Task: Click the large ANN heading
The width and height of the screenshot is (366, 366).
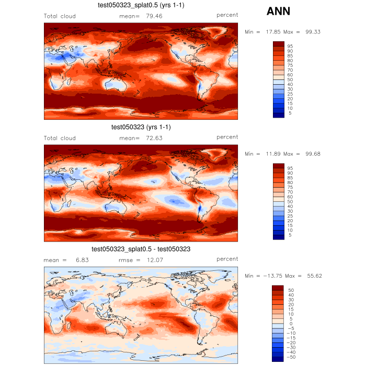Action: click(x=279, y=11)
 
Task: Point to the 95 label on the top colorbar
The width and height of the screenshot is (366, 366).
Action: click(x=290, y=46)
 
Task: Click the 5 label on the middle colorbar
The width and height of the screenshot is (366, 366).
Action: click(x=290, y=235)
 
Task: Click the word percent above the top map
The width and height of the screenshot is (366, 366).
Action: click(x=227, y=15)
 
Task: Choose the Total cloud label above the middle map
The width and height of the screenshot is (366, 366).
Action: click(x=60, y=138)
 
